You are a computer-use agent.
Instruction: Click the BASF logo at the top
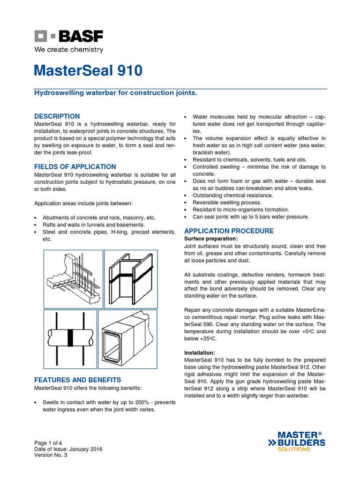(68, 36)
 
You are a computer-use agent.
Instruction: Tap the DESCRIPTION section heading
(57, 116)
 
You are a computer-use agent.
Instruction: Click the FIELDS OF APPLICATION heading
(75, 166)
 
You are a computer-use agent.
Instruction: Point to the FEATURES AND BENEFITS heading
(77, 380)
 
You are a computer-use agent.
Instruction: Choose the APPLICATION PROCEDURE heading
(229, 231)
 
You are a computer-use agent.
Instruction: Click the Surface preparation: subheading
(211, 239)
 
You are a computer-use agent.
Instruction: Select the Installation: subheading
(200, 352)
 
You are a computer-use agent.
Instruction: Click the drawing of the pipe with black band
(70, 337)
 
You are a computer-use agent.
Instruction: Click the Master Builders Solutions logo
(296, 442)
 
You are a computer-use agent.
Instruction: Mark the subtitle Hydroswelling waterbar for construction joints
(116, 93)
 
